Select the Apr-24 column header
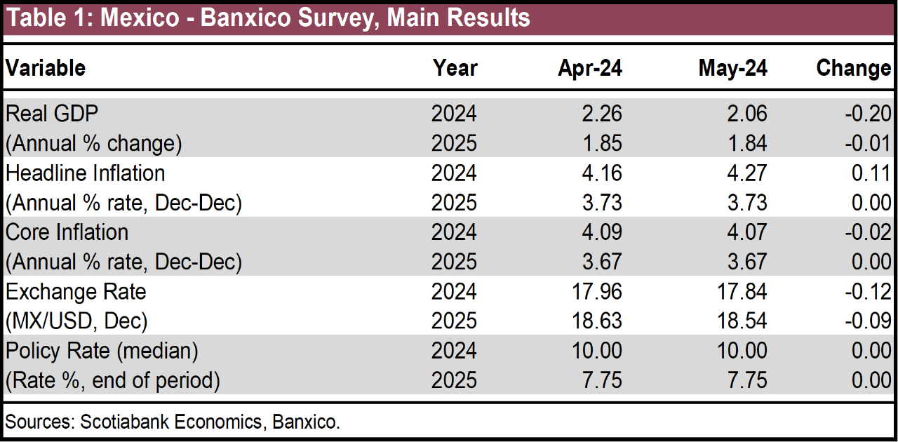pyautogui.click(x=590, y=67)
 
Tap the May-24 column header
pyautogui.click(x=732, y=67)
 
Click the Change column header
pyautogui.click(x=853, y=67)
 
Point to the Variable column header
pyautogui.click(x=46, y=67)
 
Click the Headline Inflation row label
pyautogui.click(x=85, y=173)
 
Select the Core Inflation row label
pyautogui.click(x=67, y=232)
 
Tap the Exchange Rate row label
pyautogui.click(x=76, y=291)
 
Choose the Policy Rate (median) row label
pyautogui.click(x=102, y=350)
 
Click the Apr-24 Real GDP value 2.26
pyautogui.click(x=601, y=114)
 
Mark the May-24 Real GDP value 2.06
pyautogui.click(x=747, y=114)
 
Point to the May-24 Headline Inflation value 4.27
pyautogui.click(x=747, y=173)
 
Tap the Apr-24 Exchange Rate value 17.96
pyautogui.click(x=596, y=291)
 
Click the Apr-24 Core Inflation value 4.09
pyautogui.click(x=601, y=232)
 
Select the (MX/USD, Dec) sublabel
pyautogui.click(x=76, y=321)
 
